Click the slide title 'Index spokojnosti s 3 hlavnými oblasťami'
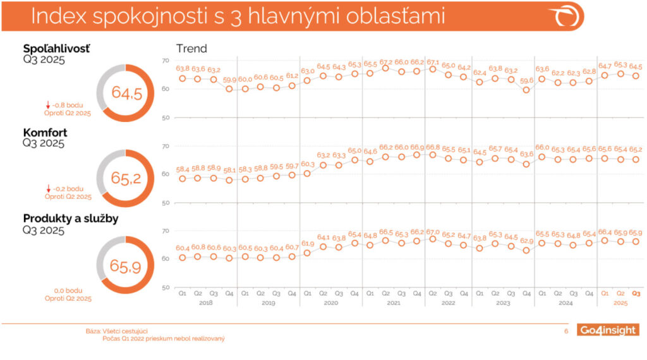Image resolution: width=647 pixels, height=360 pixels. [238, 16]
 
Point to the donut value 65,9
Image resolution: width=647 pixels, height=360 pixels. [127, 265]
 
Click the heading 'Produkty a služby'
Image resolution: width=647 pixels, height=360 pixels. [71, 219]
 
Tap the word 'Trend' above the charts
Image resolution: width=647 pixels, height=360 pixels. [191, 49]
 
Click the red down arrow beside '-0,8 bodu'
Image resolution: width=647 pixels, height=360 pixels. [48, 105]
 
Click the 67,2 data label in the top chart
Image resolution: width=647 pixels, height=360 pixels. [385, 61]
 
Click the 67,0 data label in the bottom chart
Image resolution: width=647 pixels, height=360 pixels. [433, 232]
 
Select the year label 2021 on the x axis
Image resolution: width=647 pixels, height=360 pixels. [393, 302]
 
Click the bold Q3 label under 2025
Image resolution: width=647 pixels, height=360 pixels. [636, 294]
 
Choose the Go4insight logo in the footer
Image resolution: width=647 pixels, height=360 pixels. [608, 330]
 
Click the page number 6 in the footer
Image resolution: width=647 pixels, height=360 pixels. [566, 330]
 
